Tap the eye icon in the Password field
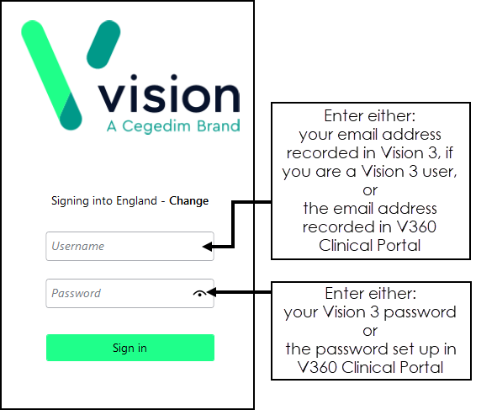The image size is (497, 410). point(199,294)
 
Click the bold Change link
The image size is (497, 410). point(189,201)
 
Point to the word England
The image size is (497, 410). point(136,201)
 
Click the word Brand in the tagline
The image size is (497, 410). point(219,126)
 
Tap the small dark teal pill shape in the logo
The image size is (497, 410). point(103,44)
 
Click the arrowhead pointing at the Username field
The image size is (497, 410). point(208,247)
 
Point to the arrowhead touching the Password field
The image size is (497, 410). point(211,292)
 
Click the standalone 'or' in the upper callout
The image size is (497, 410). point(370,190)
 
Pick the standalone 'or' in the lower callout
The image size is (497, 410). point(370,332)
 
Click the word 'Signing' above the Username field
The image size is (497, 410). point(70,201)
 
